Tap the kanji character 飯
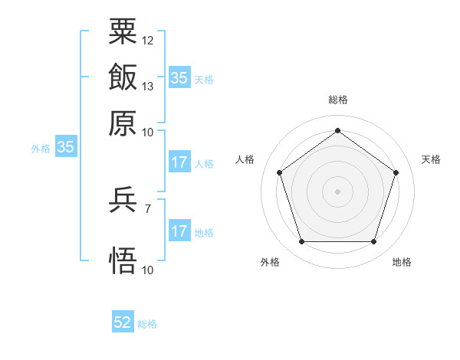coord(123,77)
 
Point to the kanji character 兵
coord(123,201)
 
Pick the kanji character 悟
coord(123,260)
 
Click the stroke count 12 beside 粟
coord(148,40)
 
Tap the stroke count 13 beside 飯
coord(148,86)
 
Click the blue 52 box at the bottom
coord(123,323)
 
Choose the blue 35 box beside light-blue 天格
coord(179,78)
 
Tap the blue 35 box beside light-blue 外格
coord(65,148)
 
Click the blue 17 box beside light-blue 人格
coord(179,163)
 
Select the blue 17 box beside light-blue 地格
coord(179,232)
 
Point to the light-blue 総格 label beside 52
coord(147,324)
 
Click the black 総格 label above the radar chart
coord(337,100)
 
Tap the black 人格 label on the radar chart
coord(245,159)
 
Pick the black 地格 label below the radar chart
coord(402,263)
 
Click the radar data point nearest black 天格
coord(396,172)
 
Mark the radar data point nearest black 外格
coord(301,242)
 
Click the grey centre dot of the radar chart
coord(337,191)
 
